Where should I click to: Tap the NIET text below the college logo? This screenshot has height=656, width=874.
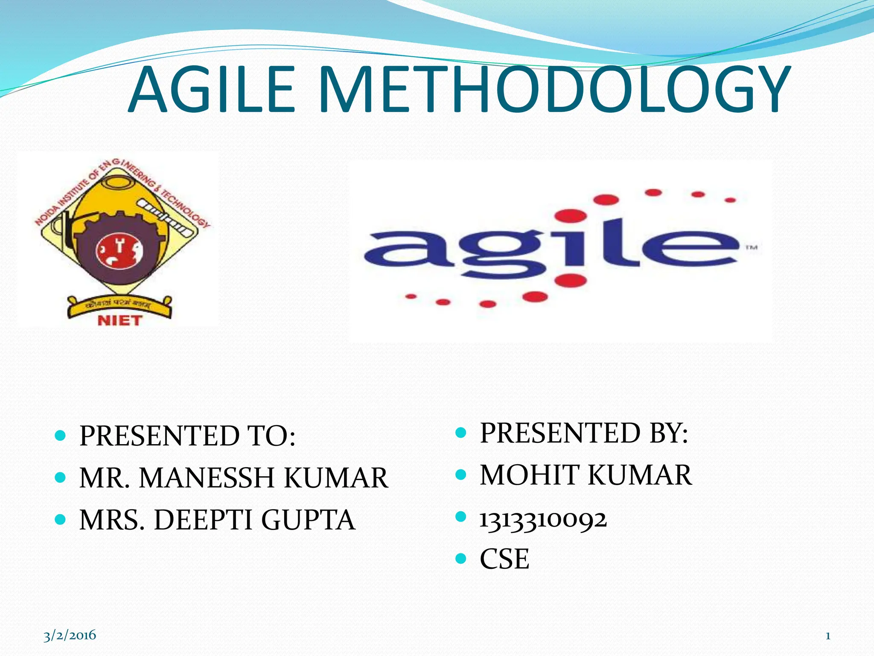tap(119, 320)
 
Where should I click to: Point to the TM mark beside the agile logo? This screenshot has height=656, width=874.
tap(751, 247)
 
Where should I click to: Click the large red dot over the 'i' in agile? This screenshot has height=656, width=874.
tap(572, 215)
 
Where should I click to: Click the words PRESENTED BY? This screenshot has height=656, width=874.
tap(584, 433)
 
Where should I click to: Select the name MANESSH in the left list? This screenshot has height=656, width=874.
tap(207, 477)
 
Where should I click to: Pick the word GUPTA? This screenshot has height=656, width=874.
tap(308, 520)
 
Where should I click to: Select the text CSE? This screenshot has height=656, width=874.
tap(504, 559)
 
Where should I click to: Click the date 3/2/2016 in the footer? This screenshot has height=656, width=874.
tap(70, 635)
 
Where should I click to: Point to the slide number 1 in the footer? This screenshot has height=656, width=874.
tap(827, 636)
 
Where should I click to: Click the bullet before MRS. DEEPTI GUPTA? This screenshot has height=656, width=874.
tap(61, 519)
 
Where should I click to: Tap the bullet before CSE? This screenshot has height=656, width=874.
tap(461, 558)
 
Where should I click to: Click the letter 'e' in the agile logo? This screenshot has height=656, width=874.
tap(691, 248)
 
